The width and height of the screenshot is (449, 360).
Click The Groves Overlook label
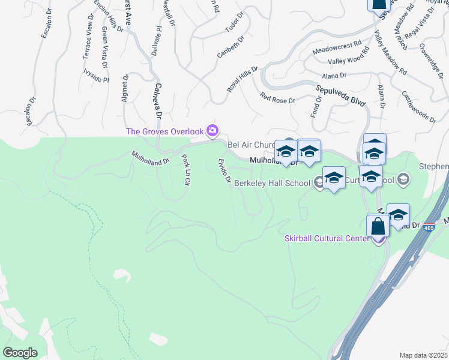click(x=164, y=131)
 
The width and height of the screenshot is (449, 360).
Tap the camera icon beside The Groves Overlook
click(x=212, y=130)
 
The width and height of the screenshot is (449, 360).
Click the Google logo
click(x=20, y=352)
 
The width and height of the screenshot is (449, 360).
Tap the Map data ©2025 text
click(x=423, y=355)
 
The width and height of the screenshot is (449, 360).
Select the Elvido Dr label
click(x=224, y=171)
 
